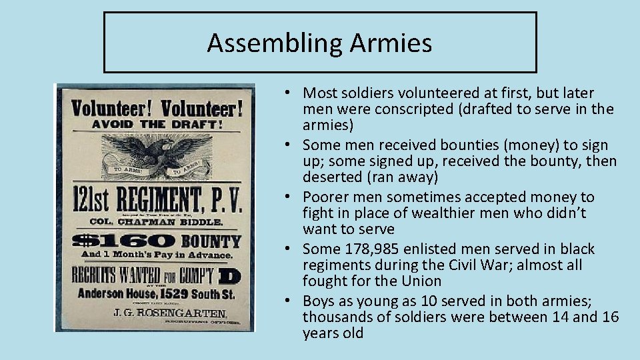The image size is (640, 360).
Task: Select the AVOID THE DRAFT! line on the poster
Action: pyautogui.click(x=155, y=125)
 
